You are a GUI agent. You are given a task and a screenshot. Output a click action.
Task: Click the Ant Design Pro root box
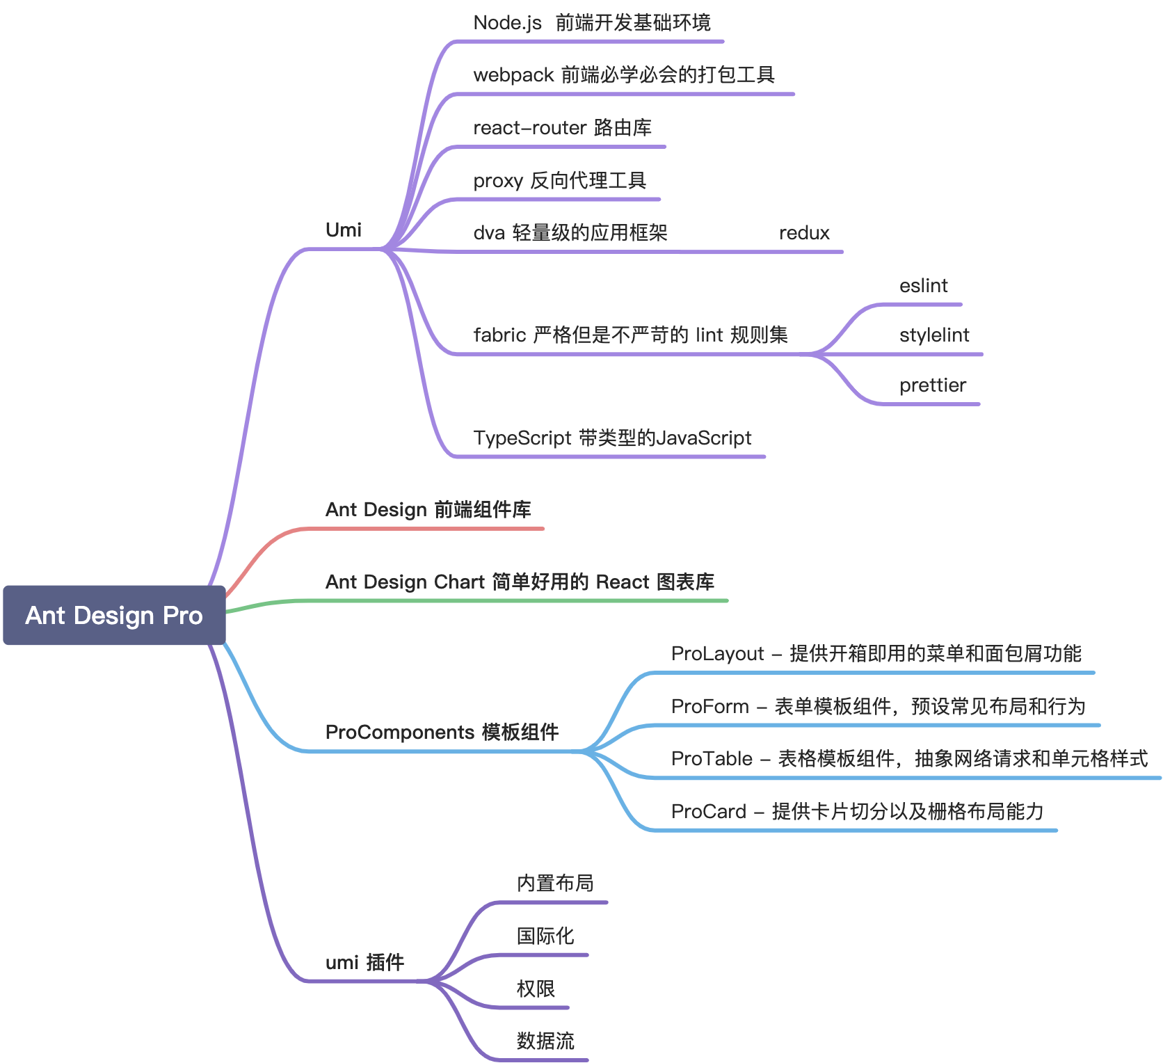pyautogui.click(x=114, y=615)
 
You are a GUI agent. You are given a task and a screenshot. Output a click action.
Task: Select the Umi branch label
pyautogui.click(x=344, y=230)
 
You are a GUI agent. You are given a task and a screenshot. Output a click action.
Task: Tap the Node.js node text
pyautogui.click(x=591, y=23)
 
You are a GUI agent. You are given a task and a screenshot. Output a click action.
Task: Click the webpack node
pyautogui.click(x=623, y=75)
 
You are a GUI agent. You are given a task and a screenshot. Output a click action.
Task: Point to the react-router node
pyautogui.click(x=562, y=128)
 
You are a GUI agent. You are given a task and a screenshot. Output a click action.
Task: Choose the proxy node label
pyautogui.click(x=559, y=181)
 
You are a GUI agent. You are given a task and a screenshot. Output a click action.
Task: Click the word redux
pyautogui.click(x=804, y=233)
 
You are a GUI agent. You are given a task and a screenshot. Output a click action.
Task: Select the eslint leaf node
pyautogui.click(x=923, y=286)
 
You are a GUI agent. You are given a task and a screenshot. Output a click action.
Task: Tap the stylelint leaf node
pyautogui.click(x=933, y=335)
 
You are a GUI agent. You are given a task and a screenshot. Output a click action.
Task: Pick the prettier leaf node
pyautogui.click(x=932, y=385)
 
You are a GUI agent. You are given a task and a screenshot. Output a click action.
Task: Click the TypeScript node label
pyautogui.click(x=612, y=438)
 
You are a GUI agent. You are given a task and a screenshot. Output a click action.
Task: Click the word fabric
pyautogui.click(x=499, y=335)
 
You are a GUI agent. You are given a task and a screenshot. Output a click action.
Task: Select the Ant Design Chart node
pyautogui.click(x=520, y=582)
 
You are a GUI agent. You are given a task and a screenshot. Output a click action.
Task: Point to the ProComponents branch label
pyautogui.click(x=442, y=733)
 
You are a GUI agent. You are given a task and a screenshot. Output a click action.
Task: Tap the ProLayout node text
pyautogui.click(x=876, y=654)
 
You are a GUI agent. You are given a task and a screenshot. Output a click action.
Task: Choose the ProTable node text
pyautogui.click(x=908, y=759)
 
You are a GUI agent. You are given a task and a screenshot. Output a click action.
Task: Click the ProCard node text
pyautogui.click(x=857, y=812)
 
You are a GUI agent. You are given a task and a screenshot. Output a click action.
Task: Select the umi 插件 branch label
pyautogui.click(x=364, y=963)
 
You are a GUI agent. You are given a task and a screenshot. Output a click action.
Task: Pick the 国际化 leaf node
pyautogui.click(x=545, y=936)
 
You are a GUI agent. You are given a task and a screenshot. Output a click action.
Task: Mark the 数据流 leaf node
pyautogui.click(x=545, y=1041)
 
